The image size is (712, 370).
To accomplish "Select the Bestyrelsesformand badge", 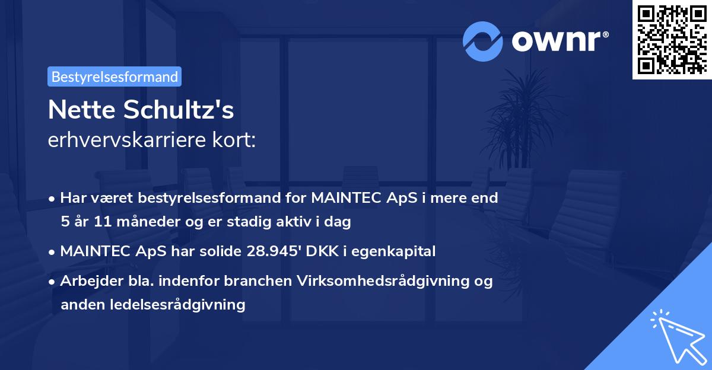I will tap(115, 76).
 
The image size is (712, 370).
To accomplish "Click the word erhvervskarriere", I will tap(125, 141).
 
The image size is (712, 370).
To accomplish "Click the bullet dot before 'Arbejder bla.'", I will tap(53, 282).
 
